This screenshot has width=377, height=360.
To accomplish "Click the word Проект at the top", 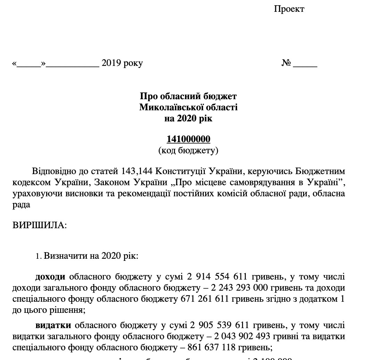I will click(289, 9).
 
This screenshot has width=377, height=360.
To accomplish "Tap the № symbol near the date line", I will click(286, 63).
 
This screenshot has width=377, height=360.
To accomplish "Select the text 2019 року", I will click(122, 63).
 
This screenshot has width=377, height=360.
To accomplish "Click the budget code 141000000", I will click(188, 139).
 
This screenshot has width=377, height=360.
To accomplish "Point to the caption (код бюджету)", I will click(188, 150).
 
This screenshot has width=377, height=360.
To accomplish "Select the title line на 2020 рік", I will click(188, 119).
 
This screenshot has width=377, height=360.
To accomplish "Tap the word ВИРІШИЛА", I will click(39, 225).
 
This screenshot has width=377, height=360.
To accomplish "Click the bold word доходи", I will click(50, 277).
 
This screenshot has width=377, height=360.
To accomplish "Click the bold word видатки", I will click(53, 325).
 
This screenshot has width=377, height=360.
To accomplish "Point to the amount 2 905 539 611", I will click(219, 325).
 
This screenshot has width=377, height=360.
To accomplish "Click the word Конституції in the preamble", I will click(177, 171).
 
